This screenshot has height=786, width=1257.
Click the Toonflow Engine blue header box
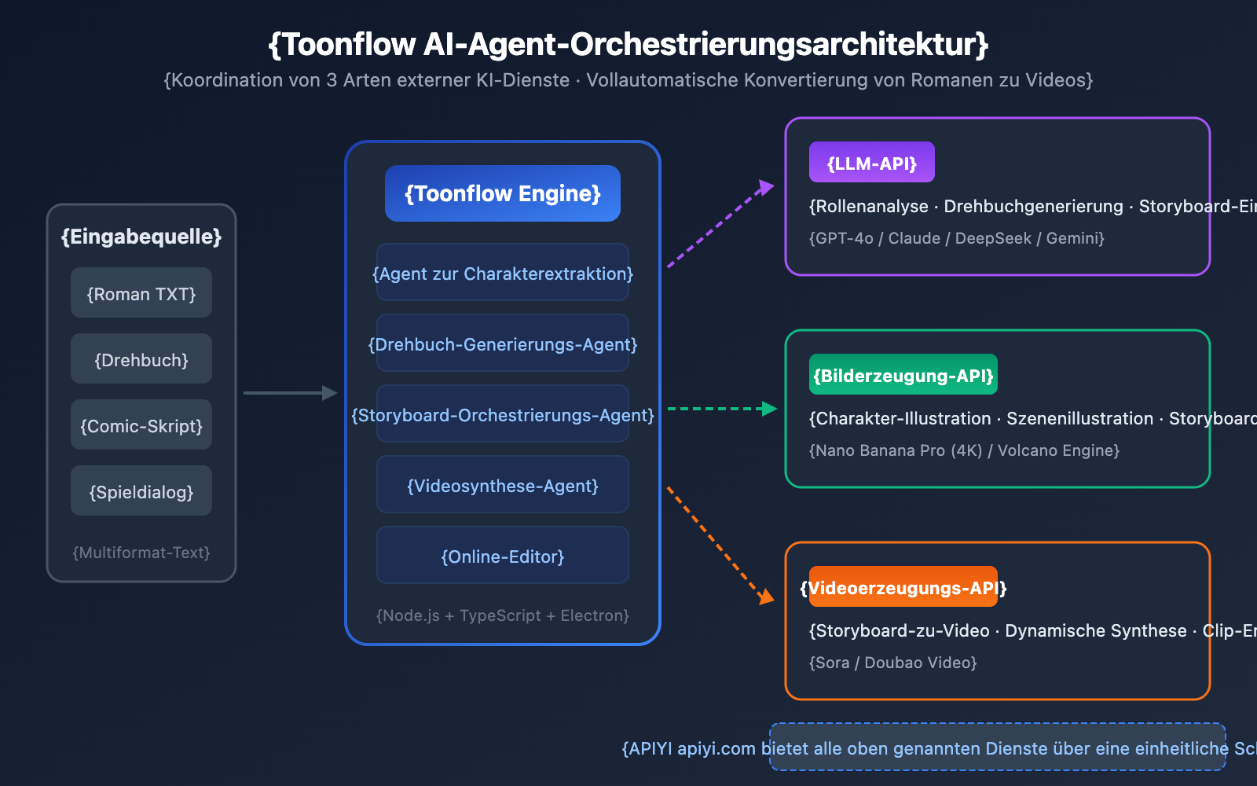tap(503, 193)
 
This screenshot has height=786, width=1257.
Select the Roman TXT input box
tap(141, 293)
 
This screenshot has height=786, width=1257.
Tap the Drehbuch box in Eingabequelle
tap(141, 359)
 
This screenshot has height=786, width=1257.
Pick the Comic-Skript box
tap(141, 425)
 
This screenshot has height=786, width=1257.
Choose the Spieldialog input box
tap(141, 491)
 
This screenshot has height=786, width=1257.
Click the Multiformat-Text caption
tap(141, 553)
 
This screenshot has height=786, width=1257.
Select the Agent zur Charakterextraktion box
tap(503, 273)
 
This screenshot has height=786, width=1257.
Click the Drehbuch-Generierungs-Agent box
tap(503, 343)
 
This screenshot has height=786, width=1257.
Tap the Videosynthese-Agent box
tap(503, 485)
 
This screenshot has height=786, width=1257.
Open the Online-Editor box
tap(503, 556)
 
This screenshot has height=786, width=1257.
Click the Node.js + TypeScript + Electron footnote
tap(503, 615)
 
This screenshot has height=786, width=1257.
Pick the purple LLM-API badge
tap(871, 163)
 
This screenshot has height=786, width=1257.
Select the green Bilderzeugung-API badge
tap(903, 375)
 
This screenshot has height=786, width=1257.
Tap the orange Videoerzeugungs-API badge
tap(903, 587)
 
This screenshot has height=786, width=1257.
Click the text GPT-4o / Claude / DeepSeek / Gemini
tap(956, 238)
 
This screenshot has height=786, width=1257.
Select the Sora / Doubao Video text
tap(892, 663)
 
